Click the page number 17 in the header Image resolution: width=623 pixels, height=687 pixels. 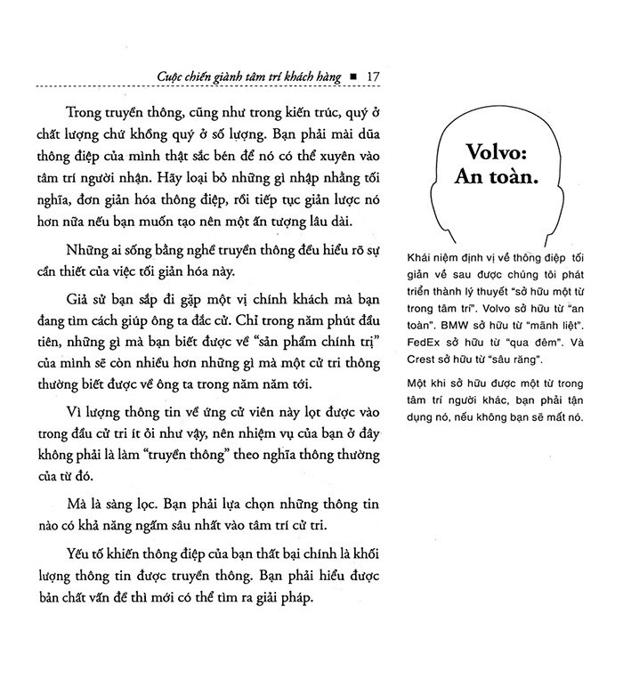click(x=373, y=77)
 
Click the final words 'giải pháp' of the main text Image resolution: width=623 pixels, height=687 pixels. click(x=278, y=597)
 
